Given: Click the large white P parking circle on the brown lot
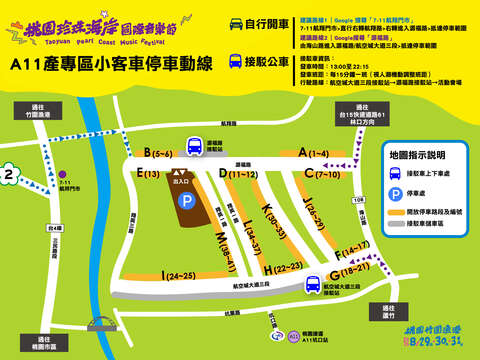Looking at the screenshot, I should pos(186,201).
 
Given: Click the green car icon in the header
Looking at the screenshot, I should pos(236,22).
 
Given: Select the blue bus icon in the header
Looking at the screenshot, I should pos(236,62).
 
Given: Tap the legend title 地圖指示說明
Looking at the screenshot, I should pos(419,156).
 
